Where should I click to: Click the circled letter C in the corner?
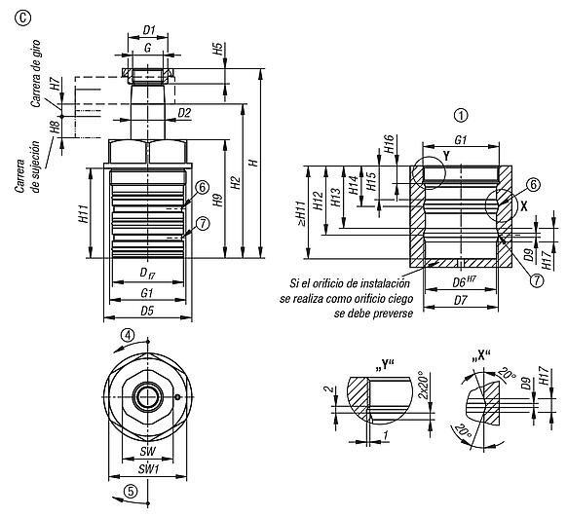pos(22,18)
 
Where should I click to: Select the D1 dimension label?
pos(149,30)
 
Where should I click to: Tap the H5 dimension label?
pos(217,49)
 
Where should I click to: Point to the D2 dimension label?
pos(184,113)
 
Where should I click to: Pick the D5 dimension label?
pos(147,311)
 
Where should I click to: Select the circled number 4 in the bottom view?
pos(128,336)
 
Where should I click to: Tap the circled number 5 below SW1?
pos(131,491)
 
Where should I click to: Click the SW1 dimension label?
pos(148,469)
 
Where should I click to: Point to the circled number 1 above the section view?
pos(461,116)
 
